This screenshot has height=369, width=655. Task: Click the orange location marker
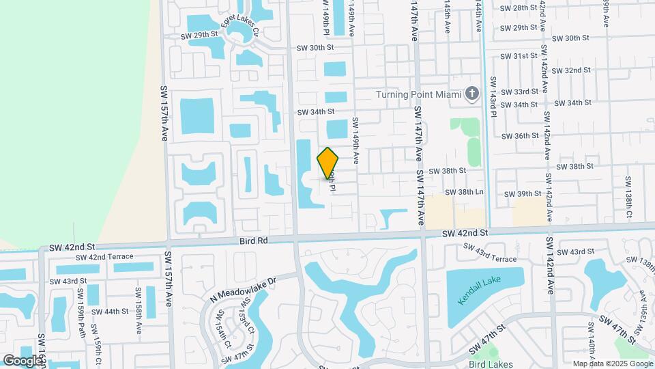[327, 163]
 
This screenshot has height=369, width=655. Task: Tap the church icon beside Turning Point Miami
[471, 94]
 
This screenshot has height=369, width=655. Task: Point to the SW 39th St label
[522, 194]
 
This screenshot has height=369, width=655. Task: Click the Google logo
[23, 360]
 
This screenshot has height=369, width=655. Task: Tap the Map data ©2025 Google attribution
[612, 364]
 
